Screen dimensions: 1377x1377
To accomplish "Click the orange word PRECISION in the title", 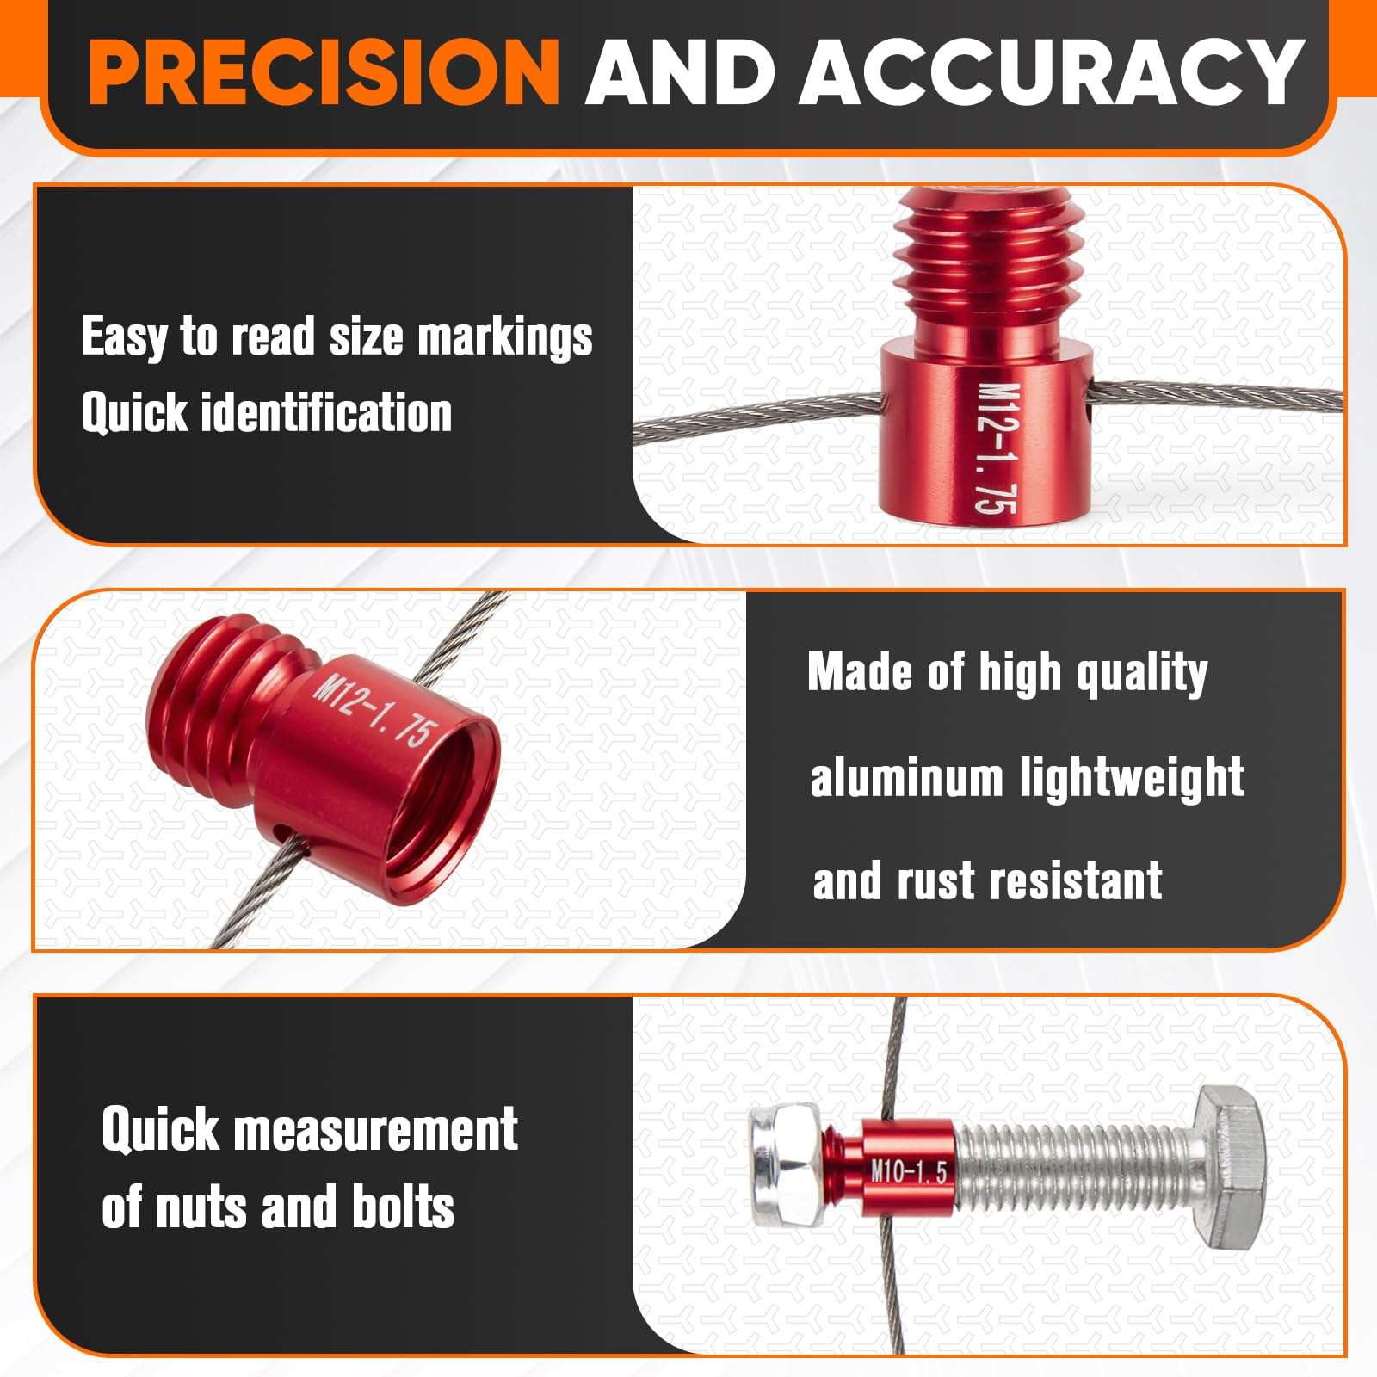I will [324, 71].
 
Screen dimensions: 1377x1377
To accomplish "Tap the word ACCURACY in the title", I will [1056, 71].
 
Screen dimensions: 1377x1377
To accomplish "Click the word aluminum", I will [906, 778].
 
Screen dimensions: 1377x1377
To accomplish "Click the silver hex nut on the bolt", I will [785, 1166].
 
